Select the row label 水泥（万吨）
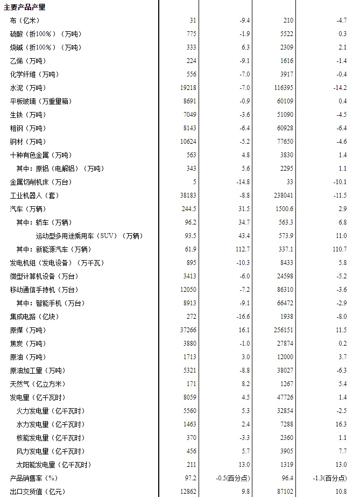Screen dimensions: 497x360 (x=28, y=88)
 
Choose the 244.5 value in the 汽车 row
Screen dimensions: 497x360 (x=188, y=209)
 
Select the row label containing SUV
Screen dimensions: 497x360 (x=89, y=236)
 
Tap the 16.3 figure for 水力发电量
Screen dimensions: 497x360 (x=341, y=424)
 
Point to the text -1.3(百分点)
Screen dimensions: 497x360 (x=333, y=478)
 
